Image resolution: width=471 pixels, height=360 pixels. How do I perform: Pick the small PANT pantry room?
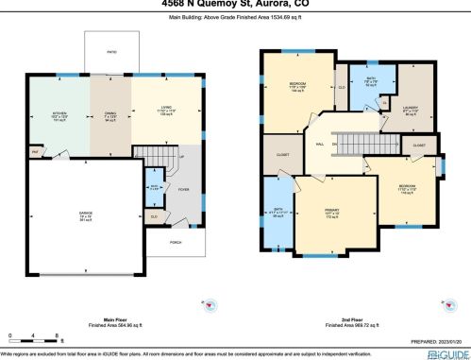(35, 149)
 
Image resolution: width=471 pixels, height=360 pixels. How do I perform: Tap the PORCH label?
(175, 242)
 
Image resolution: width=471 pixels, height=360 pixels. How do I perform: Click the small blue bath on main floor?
(154, 187)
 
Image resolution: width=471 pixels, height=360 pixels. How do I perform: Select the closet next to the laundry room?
(419, 146)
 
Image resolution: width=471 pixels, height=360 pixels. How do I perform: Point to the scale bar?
(34, 336)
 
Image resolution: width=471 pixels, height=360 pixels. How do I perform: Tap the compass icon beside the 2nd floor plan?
(445, 303)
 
